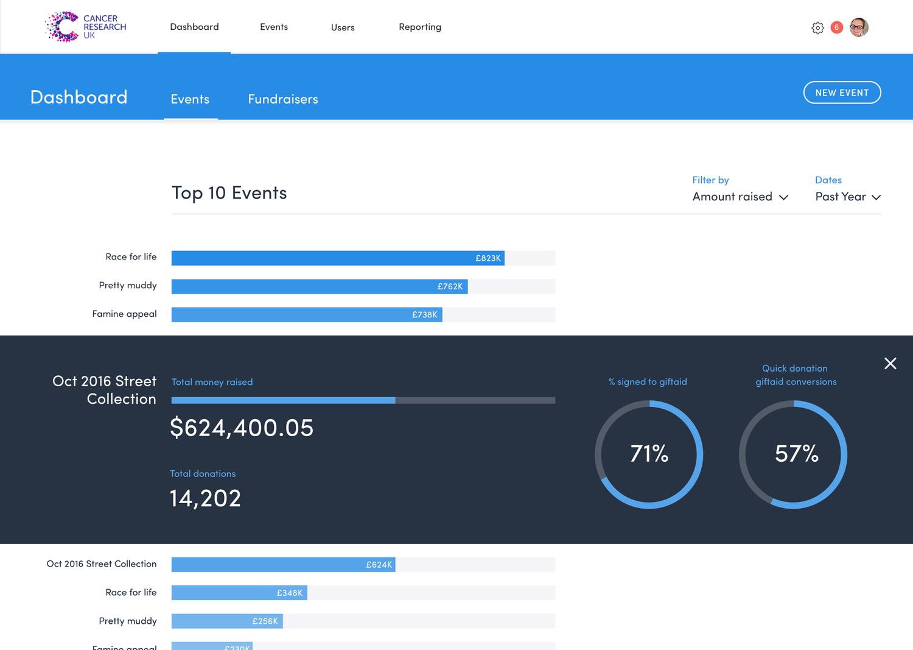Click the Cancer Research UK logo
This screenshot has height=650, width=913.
click(85, 27)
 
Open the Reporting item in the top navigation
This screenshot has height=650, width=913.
click(420, 27)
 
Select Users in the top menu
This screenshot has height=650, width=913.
click(343, 27)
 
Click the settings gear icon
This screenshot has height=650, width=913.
click(817, 28)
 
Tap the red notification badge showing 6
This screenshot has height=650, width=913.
click(837, 27)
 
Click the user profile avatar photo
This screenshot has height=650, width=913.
click(859, 27)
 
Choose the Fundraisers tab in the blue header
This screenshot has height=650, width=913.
click(283, 99)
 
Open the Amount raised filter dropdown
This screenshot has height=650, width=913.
click(740, 197)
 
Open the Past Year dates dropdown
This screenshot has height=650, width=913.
click(848, 197)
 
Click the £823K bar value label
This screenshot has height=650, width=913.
click(488, 258)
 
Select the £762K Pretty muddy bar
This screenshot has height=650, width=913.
click(320, 286)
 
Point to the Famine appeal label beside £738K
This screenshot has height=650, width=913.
click(124, 314)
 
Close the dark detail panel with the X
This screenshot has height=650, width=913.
click(890, 364)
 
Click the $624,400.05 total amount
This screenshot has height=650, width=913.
click(242, 428)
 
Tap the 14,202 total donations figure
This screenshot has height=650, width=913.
click(205, 498)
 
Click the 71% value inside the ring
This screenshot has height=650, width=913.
click(649, 454)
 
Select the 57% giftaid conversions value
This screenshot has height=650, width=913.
click(796, 454)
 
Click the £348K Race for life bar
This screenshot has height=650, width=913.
click(239, 593)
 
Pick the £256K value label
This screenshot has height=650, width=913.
click(265, 621)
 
